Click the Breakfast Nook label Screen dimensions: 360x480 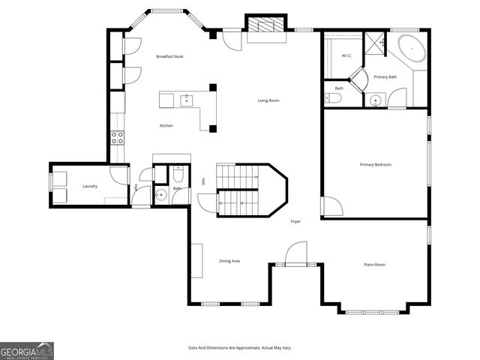point(169,57)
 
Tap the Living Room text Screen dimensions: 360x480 point(268,100)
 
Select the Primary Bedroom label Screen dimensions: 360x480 point(375,165)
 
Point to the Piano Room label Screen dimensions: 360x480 point(374,265)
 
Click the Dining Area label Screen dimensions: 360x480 point(229,261)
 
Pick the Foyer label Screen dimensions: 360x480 point(296,221)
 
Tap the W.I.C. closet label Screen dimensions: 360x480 point(346,56)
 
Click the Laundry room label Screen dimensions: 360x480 point(90,186)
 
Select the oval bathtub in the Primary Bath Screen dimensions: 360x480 point(410,48)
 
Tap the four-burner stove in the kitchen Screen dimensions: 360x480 point(118,137)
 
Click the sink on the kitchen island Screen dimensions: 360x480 point(185,97)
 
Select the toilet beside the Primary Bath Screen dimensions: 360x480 point(334,97)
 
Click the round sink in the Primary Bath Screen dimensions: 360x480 point(375,100)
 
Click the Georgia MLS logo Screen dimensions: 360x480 point(27,350)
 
